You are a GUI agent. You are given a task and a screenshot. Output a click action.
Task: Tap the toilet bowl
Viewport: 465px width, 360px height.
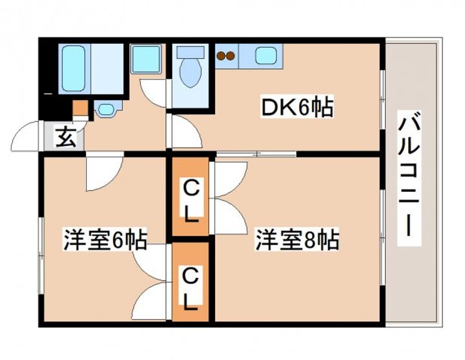[x=190, y=74]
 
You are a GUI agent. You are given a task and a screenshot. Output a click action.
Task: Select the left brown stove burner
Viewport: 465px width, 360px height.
[x=220, y=55]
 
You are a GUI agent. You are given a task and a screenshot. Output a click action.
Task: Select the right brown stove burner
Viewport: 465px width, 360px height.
[x=229, y=55]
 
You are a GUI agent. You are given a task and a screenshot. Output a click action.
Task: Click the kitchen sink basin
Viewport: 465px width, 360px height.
[x=265, y=55]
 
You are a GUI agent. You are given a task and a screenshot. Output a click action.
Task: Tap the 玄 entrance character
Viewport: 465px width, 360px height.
[x=65, y=138]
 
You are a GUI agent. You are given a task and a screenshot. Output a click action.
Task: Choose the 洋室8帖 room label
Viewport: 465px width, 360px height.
[x=296, y=240]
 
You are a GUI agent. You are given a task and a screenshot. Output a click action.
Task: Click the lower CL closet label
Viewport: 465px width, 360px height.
[x=190, y=288]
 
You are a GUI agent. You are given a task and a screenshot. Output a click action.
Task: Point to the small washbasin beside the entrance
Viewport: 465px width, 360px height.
[x=105, y=110]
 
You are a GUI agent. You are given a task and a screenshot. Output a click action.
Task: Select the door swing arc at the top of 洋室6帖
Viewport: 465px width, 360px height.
[x=103, y=171]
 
